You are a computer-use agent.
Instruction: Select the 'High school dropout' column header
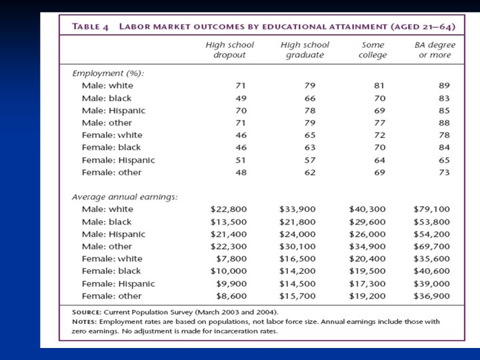click(x=229, y=50)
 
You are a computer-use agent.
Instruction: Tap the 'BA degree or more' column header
click(x=435, y=50)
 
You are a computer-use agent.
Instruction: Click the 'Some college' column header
click(x=372, y=50)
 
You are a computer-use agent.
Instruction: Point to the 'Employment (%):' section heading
click(x=108, y=73)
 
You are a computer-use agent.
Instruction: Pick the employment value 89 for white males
click(x=444, y=85)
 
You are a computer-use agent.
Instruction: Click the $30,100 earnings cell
click(x=298, y=247)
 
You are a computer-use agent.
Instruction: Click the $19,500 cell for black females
click(x=367, y=271)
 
